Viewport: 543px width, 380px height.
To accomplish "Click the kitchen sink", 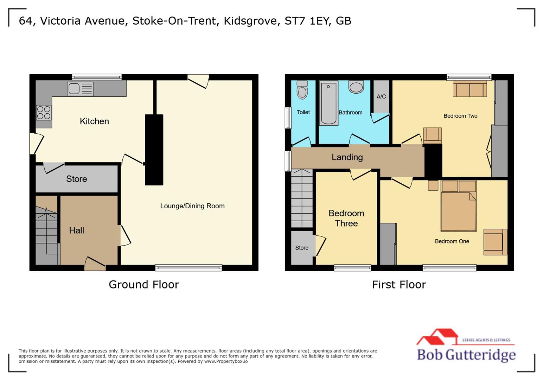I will (x=80, y=89).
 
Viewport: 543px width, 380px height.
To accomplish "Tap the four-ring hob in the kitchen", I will (x=44, y=113).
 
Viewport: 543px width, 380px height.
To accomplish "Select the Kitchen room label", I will (x=94, y=121).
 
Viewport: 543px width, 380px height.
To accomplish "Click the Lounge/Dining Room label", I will (x=192, y=206).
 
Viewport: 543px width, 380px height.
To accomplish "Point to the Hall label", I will (x=76, y=230).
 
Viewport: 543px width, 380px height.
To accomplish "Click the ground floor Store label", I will (x=76, y=179).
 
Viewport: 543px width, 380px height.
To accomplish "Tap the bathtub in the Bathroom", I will (x=328, y=103).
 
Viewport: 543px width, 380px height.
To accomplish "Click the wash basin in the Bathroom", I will (x=356, y=87).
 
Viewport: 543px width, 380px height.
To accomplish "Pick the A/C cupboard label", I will (x=381, y=96).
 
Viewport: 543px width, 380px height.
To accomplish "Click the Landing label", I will (x=347, y=157).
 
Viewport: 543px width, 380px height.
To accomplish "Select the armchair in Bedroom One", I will (x=495, y=242).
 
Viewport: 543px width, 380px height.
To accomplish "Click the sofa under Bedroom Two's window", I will (x=470, y=89).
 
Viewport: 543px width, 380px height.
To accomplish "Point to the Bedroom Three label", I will (x=346, y=218).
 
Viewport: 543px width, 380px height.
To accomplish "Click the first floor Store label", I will (x=302, y=248).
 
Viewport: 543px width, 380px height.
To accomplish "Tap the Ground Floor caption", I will (x=144, y=284).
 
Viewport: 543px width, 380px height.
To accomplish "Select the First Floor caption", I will (x=399, y=284).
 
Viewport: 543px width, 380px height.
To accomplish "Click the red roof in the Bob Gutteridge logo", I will (x=437, y=336).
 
